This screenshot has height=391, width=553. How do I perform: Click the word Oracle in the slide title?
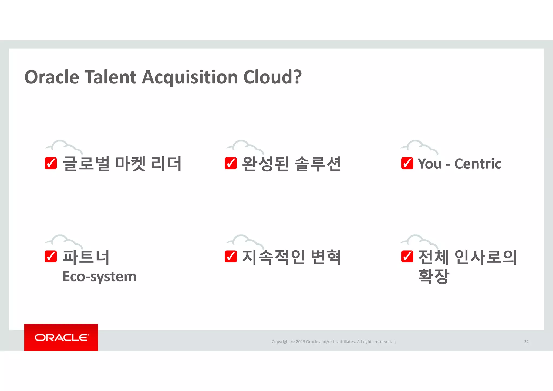[x=52, y=77]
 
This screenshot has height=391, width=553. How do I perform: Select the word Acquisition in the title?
[x=190, y=78]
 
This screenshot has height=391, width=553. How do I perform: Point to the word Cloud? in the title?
[x=272, y=77]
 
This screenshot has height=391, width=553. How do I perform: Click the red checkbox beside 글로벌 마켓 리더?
[x=51, y=163]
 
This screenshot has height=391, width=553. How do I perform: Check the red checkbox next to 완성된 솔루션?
[x=231, y=163]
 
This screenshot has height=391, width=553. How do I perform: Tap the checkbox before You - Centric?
[x=407, y=163]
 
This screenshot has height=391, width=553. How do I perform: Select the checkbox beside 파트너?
[x=51, y=257]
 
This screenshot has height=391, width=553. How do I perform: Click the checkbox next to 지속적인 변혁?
[x=231, y=257]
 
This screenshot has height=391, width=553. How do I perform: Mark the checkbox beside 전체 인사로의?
[x=407, y=257]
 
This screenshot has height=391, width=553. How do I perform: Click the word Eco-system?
[x=99, y=277]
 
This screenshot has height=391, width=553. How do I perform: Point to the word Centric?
[x=478, y=164]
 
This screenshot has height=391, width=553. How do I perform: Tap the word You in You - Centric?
[x=429, y=164]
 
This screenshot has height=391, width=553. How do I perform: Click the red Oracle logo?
[x=61, y=338]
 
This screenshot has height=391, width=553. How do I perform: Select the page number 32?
[x=526, y=342]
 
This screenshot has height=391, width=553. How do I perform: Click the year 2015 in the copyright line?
[x=300, y=342]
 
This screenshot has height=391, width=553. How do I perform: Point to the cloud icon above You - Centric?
[x=419, y=147]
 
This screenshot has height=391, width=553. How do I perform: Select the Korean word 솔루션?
[x=318, y=164]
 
